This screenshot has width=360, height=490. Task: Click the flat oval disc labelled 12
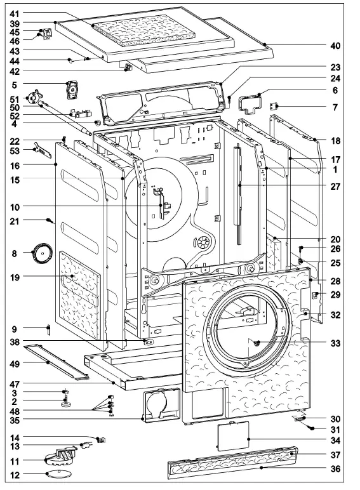57,474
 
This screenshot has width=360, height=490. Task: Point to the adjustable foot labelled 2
65,401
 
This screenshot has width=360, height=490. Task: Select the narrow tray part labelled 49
55,363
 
